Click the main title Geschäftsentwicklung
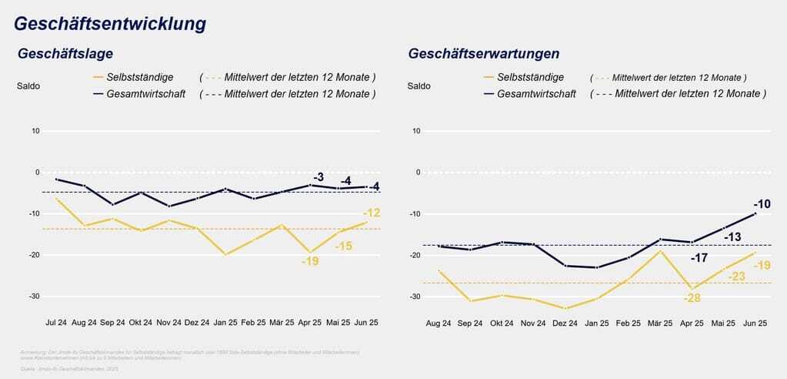coord(110,24)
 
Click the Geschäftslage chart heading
coord(65,54)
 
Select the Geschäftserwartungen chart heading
coord(484,54)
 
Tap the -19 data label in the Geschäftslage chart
coord(309,261)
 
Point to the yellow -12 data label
coord(372,213)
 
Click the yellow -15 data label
coord(343,246)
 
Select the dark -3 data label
coord(318,176)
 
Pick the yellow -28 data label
coord(692,297)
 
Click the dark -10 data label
coord(762,204)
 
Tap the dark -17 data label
coord(699,257)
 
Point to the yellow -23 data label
coord(735,277)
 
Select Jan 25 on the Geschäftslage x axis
coord(225,324)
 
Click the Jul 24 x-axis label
coord(56,324)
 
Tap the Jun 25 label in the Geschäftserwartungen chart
coord(755,324)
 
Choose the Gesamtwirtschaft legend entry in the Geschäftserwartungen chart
coord(536,94)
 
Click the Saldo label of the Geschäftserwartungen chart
coord(419,86)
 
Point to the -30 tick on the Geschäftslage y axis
coord(35,296)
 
